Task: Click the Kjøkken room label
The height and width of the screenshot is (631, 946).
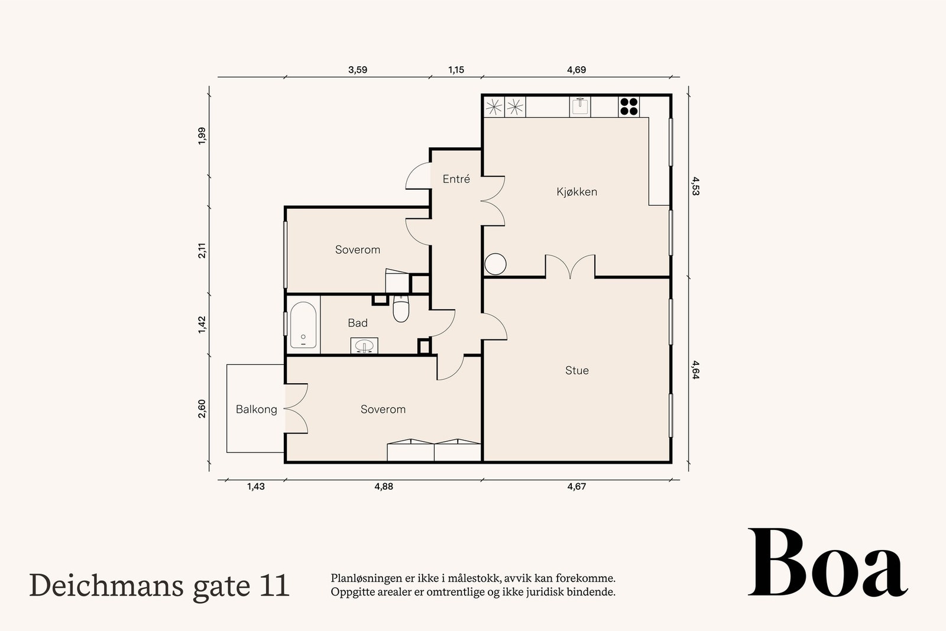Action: pos(576,192)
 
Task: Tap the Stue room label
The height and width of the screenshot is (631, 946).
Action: pos(576,370)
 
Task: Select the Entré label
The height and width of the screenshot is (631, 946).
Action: pos(456,179)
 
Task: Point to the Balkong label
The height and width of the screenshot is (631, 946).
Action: pos(256,409)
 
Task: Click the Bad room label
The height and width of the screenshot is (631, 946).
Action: pos(357,323)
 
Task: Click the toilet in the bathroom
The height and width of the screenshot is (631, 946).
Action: pos(401,310)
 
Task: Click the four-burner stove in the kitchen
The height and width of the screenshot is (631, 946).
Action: pos(628,106)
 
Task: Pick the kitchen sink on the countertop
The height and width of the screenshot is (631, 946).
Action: pos(581,106)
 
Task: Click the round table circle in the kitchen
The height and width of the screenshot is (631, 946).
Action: pos(495,264)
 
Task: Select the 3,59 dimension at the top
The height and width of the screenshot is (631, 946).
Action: pos(358,70)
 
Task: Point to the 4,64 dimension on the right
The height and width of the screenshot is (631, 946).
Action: pos(696,369)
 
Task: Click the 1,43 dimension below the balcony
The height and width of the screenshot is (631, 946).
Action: pos(255,487)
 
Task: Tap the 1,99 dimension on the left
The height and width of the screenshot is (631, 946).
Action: pos(202,135)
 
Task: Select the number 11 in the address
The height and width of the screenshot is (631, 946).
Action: pos(273,585)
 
